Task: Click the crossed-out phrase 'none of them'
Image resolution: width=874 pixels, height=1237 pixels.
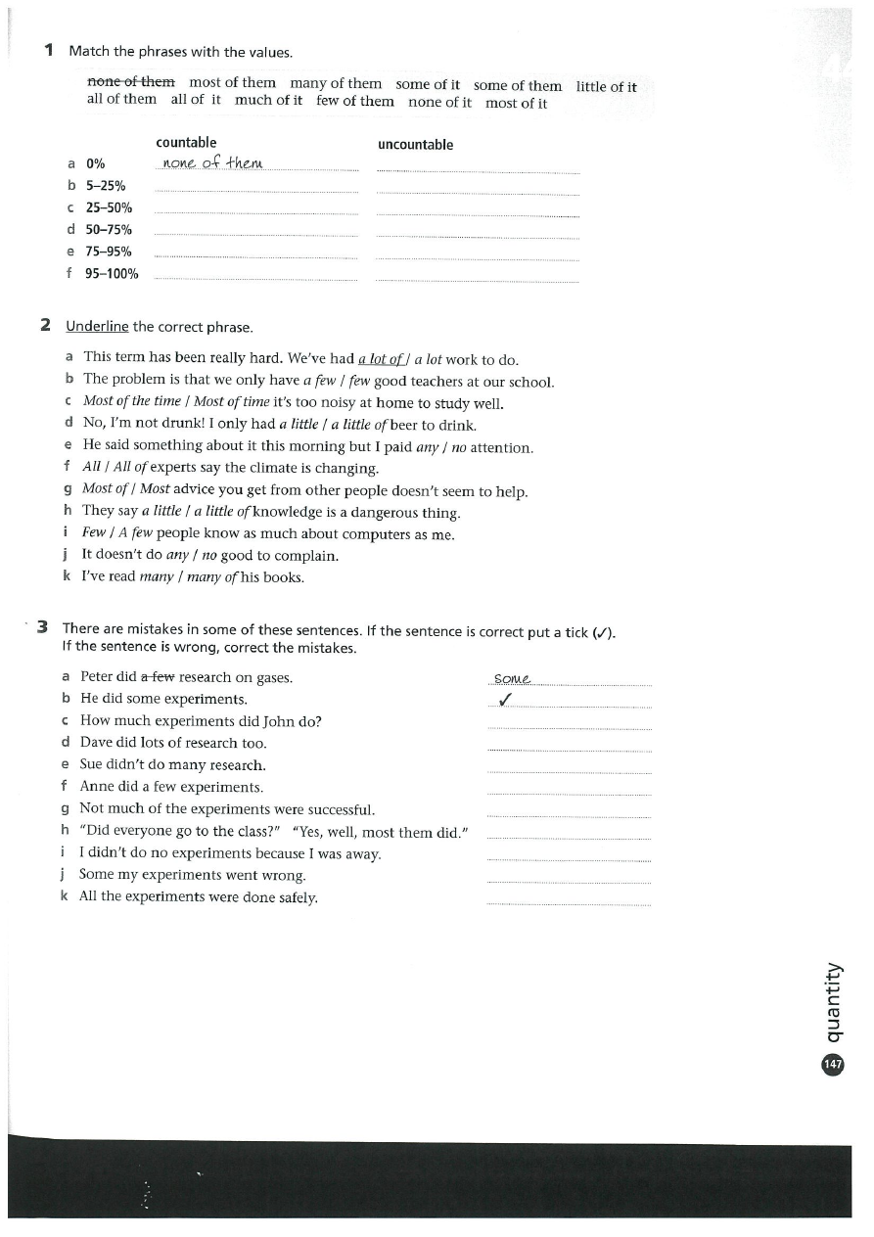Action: (x=131, y=82)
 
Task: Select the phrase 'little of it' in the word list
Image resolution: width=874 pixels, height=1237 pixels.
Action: (x=606, y=86)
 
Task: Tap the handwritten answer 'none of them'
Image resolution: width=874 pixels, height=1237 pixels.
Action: (x=211, y=162)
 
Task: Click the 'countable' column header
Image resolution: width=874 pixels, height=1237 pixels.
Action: (x=186, y=143)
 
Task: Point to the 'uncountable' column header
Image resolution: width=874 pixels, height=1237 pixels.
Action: (x=415, y=145)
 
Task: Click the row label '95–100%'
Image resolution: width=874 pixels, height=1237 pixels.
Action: (x=112, y=274)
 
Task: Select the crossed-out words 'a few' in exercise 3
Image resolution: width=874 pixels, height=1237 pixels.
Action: (x=159, y=677)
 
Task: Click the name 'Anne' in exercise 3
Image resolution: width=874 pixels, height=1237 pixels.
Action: (x=98, y=787)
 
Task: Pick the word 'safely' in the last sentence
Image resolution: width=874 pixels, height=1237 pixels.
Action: (x=296, y=897)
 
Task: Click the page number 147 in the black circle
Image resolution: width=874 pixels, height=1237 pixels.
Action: (x=833, y=1065)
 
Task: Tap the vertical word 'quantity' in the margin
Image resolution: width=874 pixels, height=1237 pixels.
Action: (x=833, y=1002)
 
